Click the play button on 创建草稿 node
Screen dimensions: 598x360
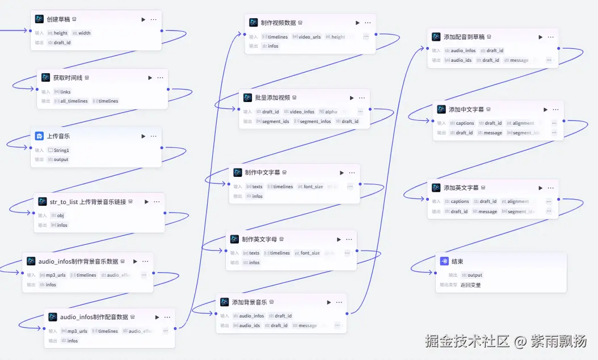144,19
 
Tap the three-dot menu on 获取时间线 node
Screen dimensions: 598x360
160,78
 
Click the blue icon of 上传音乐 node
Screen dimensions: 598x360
39,136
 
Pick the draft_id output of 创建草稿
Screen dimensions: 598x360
62,43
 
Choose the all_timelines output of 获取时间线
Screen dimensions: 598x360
74,101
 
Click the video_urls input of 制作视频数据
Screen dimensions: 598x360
309,37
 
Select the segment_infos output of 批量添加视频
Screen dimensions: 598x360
315,121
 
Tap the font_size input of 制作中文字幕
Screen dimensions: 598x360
313,187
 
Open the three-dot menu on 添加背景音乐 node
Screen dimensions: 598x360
338,302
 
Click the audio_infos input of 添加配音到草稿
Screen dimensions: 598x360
463,50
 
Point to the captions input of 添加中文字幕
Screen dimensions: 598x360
465,123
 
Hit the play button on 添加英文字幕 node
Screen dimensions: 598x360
540,188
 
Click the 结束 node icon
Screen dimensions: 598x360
444,261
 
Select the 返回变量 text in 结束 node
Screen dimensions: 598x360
470,285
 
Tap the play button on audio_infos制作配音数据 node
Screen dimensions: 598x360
157,317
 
